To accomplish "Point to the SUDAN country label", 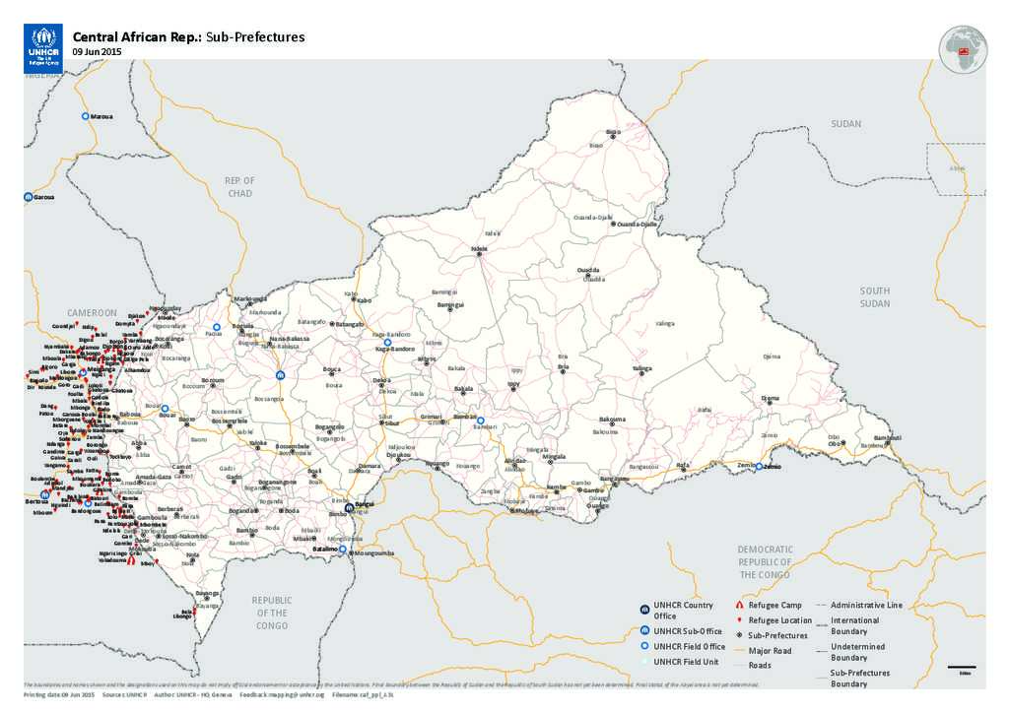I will point(845,124).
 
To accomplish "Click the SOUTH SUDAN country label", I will point(874,297).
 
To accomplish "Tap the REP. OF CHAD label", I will point(239,186).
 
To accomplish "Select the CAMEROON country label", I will point(92,312).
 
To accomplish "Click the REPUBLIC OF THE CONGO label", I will point(272,613).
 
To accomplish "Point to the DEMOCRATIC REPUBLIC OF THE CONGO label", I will point(766,561).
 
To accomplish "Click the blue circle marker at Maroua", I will point(85,116).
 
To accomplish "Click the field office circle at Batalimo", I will point(343,550).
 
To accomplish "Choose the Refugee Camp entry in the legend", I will point(775,605).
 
